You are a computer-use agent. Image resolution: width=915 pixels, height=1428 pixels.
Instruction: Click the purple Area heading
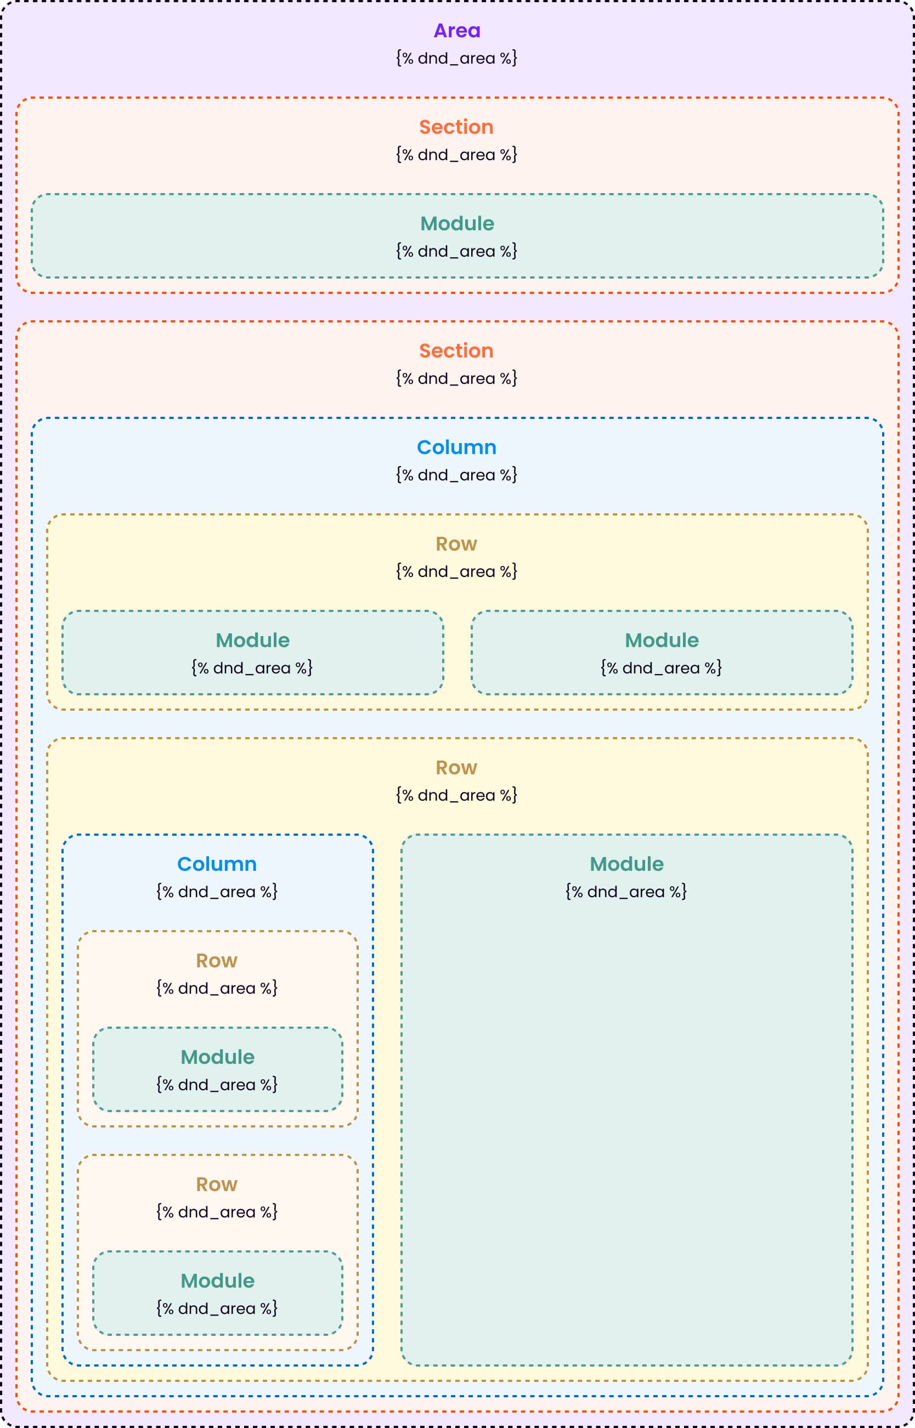tap(456, 30)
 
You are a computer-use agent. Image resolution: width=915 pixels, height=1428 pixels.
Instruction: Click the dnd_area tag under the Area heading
tap(456, 58)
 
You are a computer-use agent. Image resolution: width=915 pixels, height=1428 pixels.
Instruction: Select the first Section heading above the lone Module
tap(456, 127)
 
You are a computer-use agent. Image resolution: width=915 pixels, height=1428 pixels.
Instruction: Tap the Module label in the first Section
tap(457, 223)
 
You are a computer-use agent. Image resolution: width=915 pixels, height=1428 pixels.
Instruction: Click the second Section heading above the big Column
tap(456, 350)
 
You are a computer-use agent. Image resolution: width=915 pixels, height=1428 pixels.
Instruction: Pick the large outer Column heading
tap(456, 447)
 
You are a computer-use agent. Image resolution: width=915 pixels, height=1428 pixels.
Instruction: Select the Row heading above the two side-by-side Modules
tap(456, 543)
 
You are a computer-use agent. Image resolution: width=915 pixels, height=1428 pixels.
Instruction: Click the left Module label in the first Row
tap(252, 641)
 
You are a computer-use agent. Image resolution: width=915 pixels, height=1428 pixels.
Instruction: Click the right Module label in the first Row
tap(662, 641)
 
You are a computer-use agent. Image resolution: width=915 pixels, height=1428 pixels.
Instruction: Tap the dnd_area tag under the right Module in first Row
tap(662, 668)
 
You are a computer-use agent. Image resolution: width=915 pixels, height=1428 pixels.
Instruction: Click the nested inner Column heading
tap(217, 864)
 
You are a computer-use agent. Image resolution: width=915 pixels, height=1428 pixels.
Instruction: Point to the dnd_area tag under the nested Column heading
tap(217, 892)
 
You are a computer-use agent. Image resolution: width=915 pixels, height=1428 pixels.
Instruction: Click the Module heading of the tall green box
tap(626, 864)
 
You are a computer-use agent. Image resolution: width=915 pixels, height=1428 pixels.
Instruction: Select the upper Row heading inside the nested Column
tap(217, 961)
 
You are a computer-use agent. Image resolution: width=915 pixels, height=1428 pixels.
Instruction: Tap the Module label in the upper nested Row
tap(217, 1057)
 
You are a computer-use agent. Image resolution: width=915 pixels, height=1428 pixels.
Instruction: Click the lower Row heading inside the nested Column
tap(217, 1185)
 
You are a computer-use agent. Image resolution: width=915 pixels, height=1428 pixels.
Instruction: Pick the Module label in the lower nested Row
tap(217, 1280)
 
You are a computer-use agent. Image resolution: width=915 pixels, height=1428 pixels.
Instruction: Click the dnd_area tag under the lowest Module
tap(217, 1308)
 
